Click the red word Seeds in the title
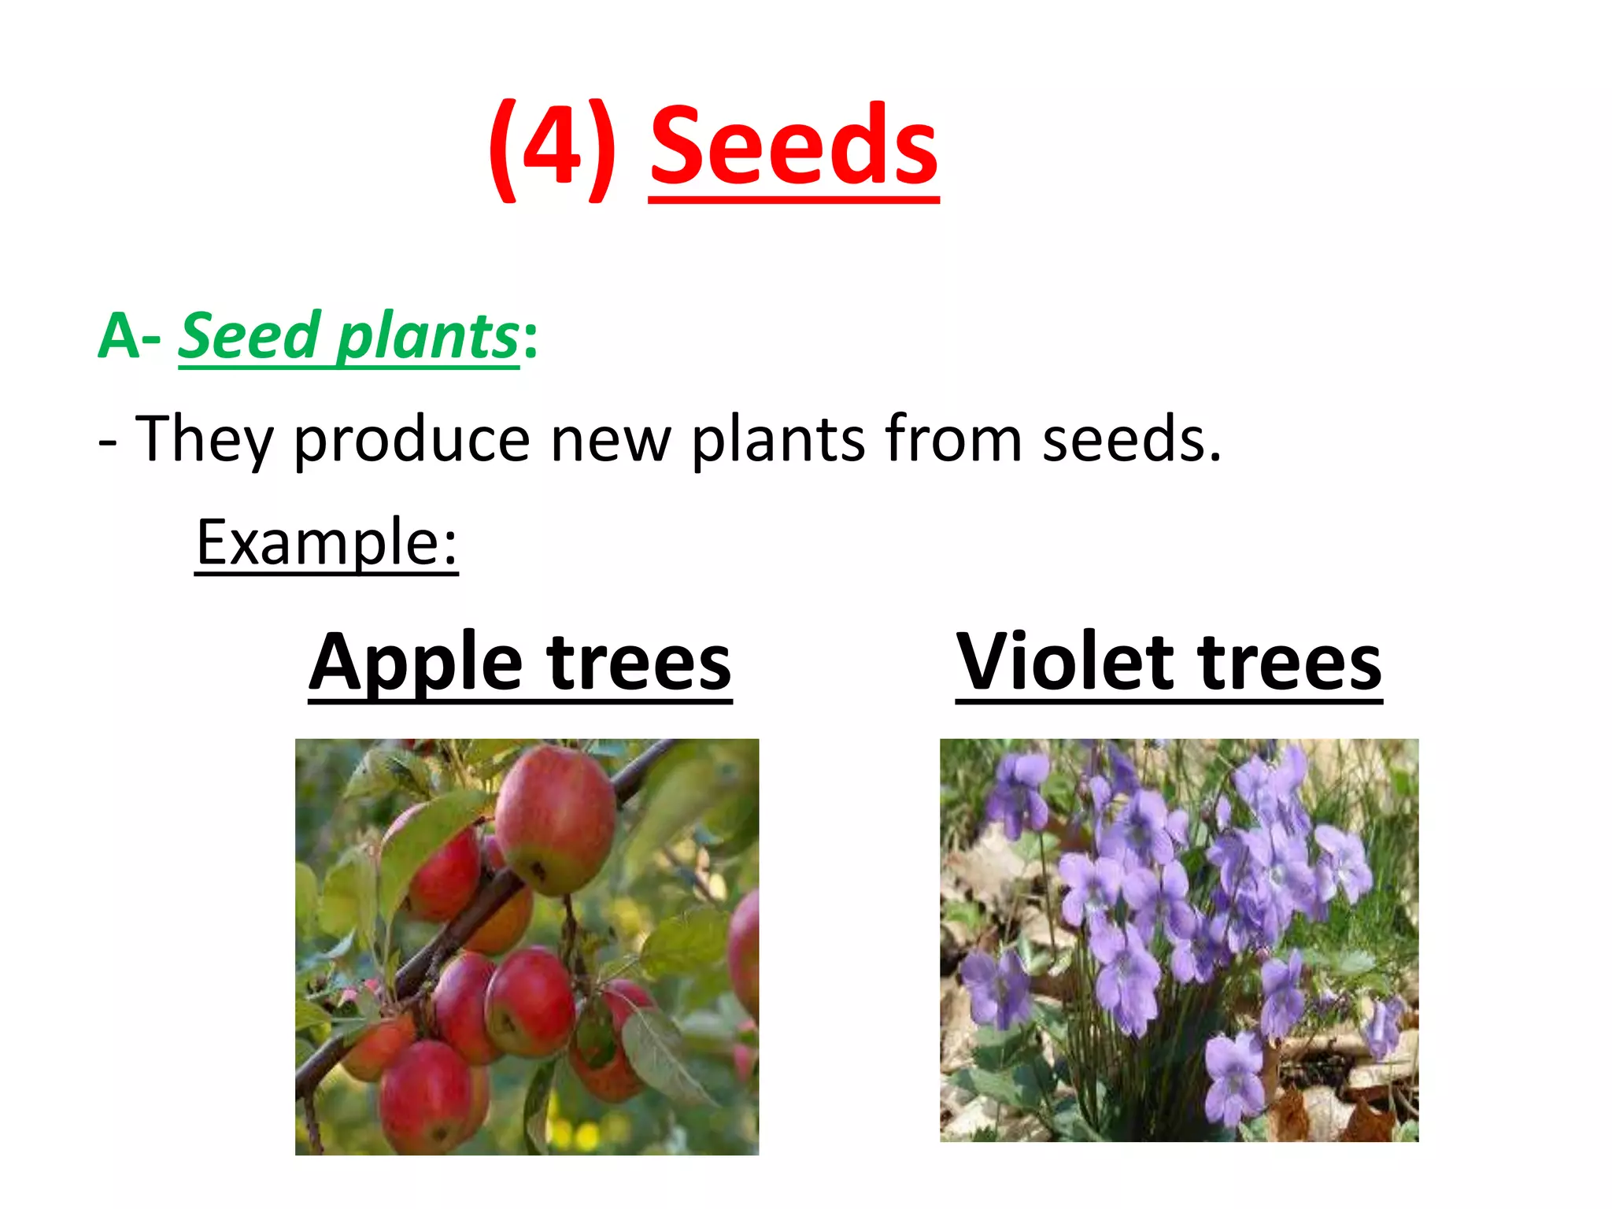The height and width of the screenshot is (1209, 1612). coord(793,148)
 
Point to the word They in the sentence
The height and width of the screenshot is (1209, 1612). coord(203,439)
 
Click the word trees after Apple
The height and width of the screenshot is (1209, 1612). coord(638,663)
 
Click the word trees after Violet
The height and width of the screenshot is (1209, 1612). coord(1289,663)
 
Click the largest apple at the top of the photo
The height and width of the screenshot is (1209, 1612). coord(555,819)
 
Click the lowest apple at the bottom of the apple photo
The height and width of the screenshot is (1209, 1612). coord(429,1098)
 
